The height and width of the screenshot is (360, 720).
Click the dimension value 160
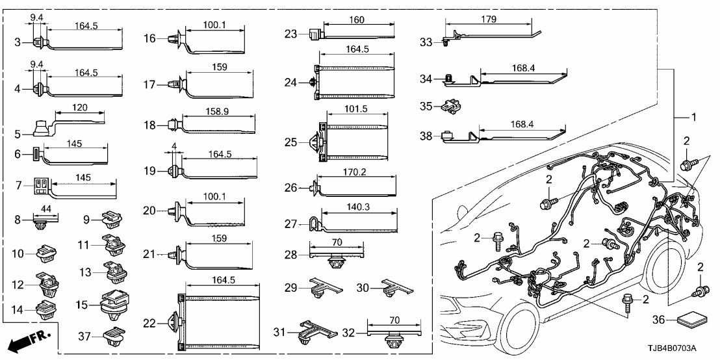358,19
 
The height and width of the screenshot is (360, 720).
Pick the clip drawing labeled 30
392,287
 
